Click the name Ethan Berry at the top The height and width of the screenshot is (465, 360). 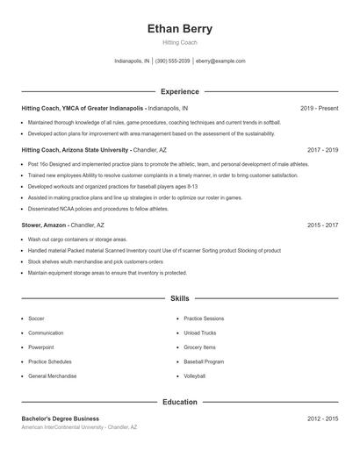pos(179,28)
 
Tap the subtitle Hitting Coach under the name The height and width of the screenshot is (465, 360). pos(179,42)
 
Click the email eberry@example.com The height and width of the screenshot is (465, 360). pos(220,61)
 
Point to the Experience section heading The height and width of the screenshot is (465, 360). pos(179,91)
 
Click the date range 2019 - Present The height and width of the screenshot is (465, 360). pos(319,108)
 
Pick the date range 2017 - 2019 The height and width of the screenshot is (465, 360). pos(322,150)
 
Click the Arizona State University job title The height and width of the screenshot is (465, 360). pos(75,150)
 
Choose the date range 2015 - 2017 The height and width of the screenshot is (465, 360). pos(322,225)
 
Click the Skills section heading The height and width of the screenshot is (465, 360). pos(179,299)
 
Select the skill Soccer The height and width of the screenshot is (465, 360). pos(36,318)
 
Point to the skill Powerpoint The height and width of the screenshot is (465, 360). pos(40,347)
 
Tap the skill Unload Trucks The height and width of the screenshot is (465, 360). pos(199,333)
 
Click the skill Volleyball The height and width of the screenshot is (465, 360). pos(195,376)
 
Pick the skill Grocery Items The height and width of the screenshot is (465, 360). pos(199,347)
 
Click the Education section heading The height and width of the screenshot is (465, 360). pos(179,402)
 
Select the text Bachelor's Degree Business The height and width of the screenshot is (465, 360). pos(60,418)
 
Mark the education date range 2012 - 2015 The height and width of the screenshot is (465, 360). pos(322,418)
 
